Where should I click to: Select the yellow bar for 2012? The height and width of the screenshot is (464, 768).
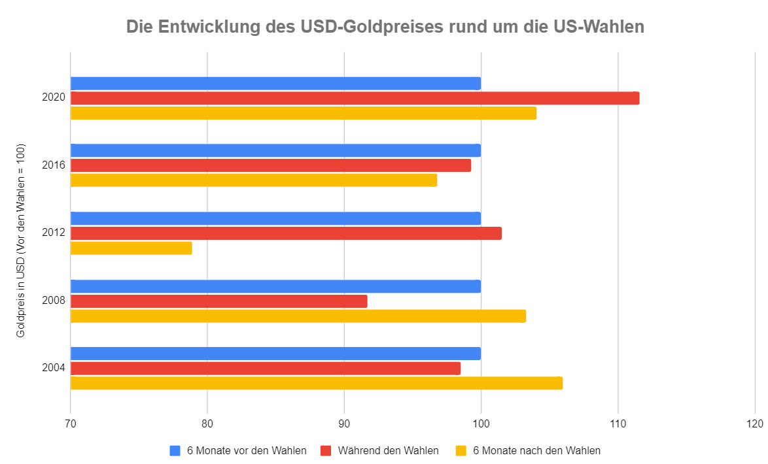[x=131, y=248]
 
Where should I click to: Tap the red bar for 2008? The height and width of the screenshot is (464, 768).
[x=218, y=301]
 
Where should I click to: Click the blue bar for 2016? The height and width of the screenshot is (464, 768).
[x=275, y=150]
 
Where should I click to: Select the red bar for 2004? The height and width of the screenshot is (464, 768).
[x=265, y=369]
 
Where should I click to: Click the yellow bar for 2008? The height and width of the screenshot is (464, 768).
[x=298, y=316]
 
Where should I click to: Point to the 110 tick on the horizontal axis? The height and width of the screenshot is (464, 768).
[x=618, y=424]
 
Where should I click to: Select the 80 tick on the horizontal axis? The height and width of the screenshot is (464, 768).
[x=207, y=424]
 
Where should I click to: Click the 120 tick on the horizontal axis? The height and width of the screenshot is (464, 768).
[x=754, y=424]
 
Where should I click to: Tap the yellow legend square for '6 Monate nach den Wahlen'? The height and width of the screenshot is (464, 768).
[x=461, y=450]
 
